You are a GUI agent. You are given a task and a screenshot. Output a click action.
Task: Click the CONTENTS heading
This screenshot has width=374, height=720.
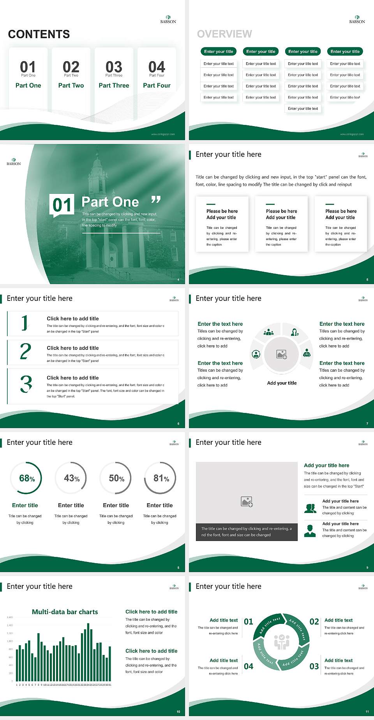39,34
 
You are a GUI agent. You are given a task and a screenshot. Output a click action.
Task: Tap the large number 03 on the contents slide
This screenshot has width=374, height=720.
114,67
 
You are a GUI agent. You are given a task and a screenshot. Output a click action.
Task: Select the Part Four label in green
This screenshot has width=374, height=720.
157,85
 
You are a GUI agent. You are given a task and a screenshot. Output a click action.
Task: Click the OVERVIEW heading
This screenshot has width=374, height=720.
224,34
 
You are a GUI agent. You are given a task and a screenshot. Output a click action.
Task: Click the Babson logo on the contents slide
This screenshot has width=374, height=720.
168,19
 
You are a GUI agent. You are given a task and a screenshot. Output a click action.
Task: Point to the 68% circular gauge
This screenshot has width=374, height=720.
26,478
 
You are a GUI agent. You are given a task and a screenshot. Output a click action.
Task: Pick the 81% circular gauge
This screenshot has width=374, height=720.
161,478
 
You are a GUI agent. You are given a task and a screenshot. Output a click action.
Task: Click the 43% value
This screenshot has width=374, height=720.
71,478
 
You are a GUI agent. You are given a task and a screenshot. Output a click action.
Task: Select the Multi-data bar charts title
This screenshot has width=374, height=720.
65,612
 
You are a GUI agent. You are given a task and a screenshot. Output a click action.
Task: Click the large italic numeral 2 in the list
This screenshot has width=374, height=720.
25,351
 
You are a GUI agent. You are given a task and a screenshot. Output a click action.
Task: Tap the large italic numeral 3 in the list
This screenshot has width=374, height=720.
26,384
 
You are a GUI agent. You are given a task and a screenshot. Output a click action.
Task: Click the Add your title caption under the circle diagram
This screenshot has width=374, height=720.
282,383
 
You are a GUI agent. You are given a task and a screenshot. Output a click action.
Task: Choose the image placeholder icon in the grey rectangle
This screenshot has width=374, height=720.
247,502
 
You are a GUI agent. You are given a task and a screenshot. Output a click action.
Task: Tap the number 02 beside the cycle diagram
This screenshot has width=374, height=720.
314,622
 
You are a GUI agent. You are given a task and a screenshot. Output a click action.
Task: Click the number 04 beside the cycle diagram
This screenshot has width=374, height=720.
249,666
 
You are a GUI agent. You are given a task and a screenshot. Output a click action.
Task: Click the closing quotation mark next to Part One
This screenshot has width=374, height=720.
156,200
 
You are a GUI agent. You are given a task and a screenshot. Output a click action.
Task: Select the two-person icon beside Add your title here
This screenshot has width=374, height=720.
310,508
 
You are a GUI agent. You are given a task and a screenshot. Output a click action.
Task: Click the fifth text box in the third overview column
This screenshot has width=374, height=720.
303,109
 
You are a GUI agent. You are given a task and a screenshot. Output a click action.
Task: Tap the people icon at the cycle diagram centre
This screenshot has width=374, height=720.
282,642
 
